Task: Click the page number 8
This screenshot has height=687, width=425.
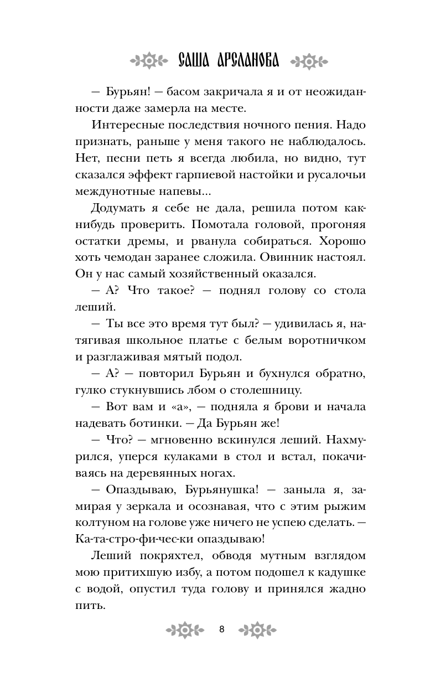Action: pos(221,629)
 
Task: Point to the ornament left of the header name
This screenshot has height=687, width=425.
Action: pos(148,60)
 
